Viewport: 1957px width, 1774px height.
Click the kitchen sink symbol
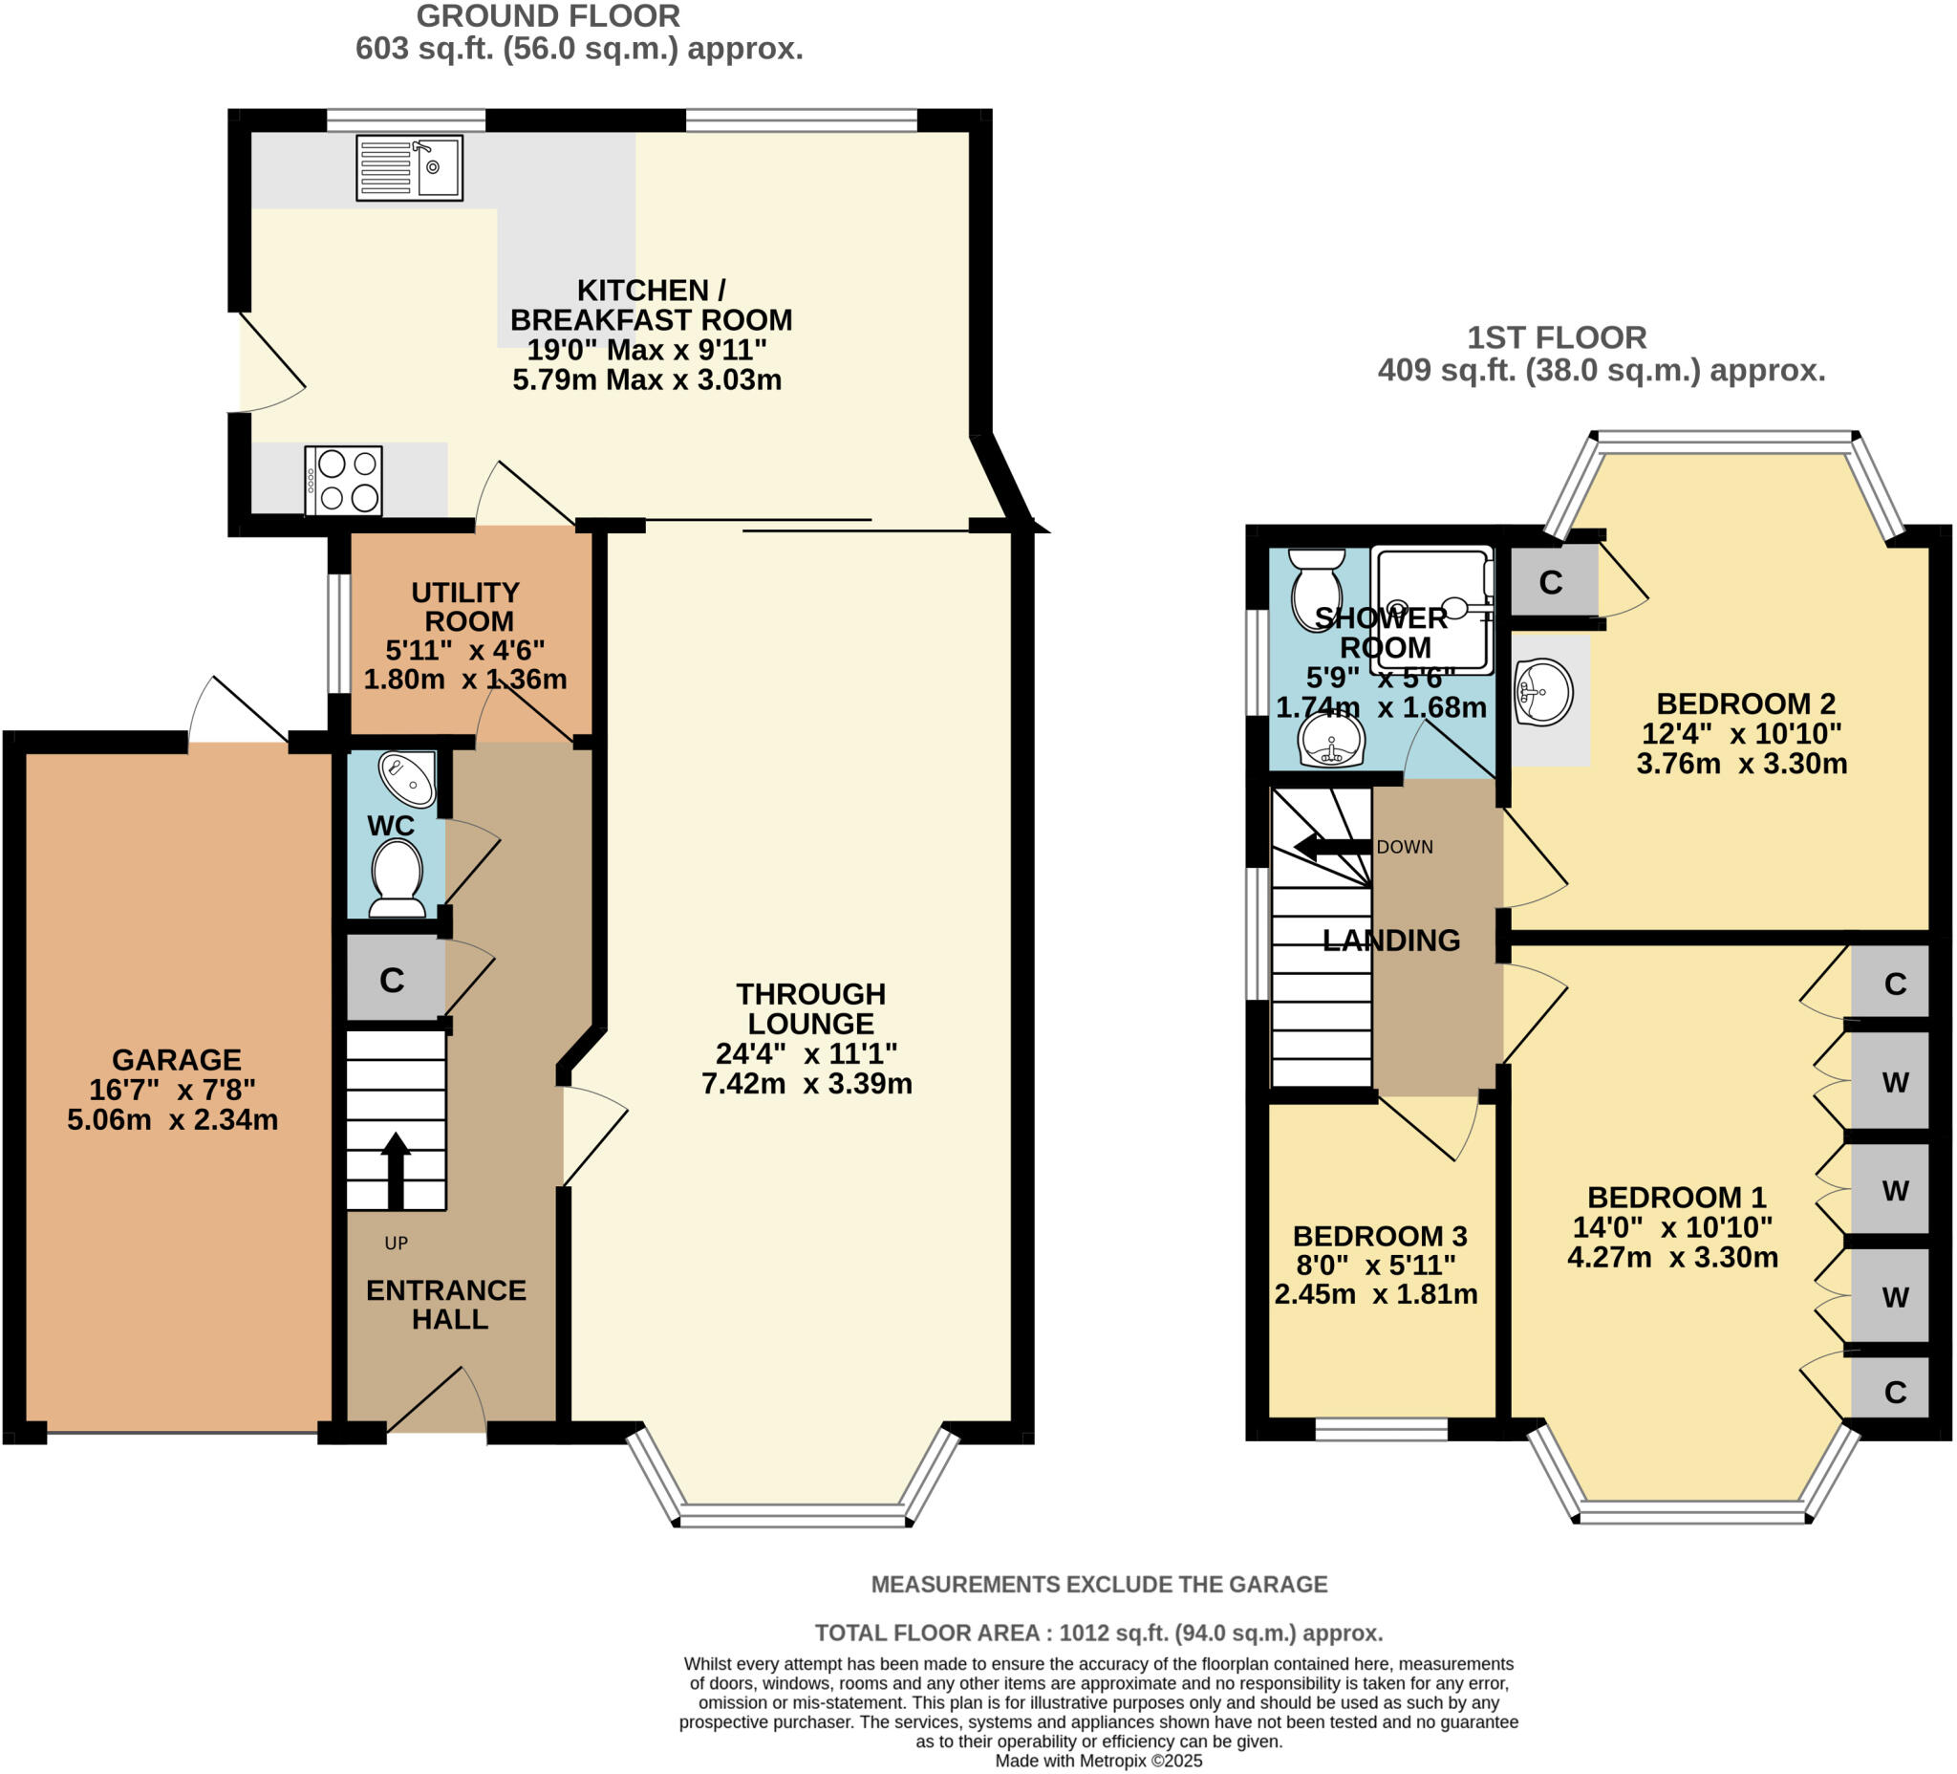pyautogui.click(x=409, y=168)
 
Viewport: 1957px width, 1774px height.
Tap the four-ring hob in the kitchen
pyautogui.click(x=344, y=481)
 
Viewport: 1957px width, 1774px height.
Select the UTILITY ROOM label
pyautogui.click(x=466, y=607)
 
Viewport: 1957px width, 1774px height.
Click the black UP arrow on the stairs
pyautogui.click(x=395, y=1170)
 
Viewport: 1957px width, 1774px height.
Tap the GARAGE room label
pyautogui.click(x=177, y=1059)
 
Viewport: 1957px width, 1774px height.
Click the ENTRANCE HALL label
pyautogui.click(x=446, y=1304)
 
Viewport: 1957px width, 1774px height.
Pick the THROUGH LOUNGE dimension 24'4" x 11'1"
pyautogui.click(x=806, y=1053)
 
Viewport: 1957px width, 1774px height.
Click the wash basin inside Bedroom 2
pyautogui.click(x=1542, y=692)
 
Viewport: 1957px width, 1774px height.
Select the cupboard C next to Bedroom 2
pyautogui.click(x=1550, y=582)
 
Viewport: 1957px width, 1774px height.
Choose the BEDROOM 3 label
pyautogui.click(x=1380, y=1236)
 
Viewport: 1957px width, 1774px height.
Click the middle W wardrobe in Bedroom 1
pyautogui.click(x=1894, y=1190)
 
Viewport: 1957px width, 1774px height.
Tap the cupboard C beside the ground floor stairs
pyautogui.click(x=392, y=981)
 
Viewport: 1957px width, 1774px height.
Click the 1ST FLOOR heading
pyautogui.click(x=1556, y=338)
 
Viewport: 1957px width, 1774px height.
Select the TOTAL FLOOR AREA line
pyautogui.click(x=1098, y=1633)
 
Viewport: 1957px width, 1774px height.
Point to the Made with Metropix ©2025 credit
pyautogui.click(x=1098, y=1761)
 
